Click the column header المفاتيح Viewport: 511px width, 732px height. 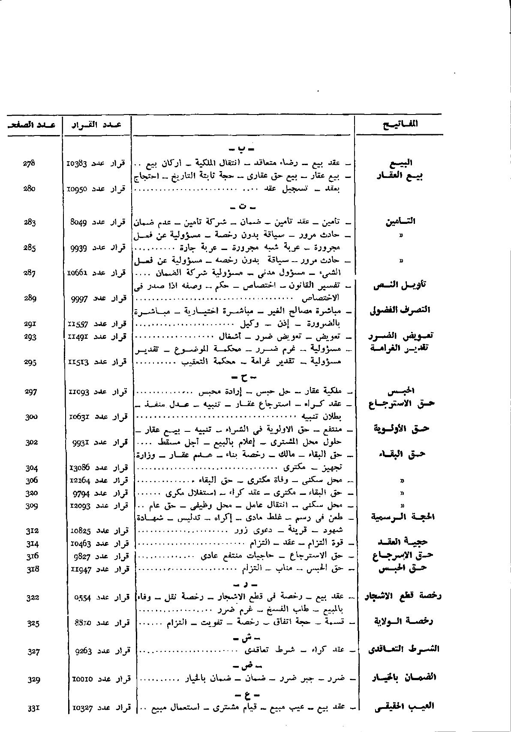click(x=400, y=124)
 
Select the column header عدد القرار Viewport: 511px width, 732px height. click(x=97, y=125)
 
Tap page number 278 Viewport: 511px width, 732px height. click(x=29, y=163)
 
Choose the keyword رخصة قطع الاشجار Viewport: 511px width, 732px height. click(x=402, y=596)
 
